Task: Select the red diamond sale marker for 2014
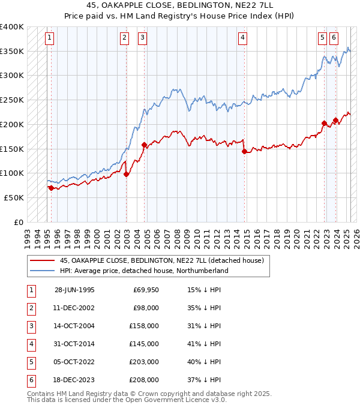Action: (x=244, y=152)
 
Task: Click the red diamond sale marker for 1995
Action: (x=51, y=188)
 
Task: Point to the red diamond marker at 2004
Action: (x=144, y=145)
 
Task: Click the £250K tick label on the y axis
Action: (x=12, y=100)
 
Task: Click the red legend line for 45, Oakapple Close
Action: (x=42, y=260)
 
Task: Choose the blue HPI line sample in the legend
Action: (x=42, y=271)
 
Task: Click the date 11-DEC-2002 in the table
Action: (x=74, y=308)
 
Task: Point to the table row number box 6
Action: (x=31, y=380)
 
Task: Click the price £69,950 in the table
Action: (x=146, y=290)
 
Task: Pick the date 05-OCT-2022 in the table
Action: (x=74, y=362)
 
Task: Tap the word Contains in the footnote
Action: (x=41, y=394)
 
